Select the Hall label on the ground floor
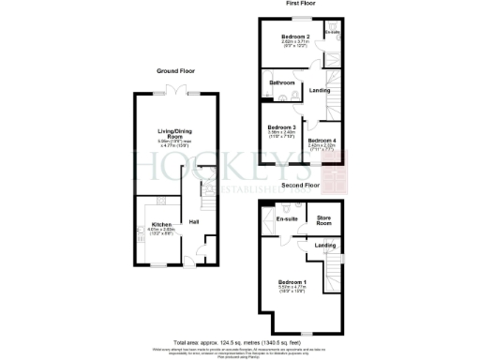pyautogui.click(x=194, y=221)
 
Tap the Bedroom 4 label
pyautogui.click(x=322, y=140)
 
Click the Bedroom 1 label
pyautogui.click(x=292, y=281)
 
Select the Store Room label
pyautogui.click(x=324, y=221)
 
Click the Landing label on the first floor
pyautogui.click(x=319, y=91)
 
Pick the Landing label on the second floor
pyautogui.click(x=325, y=246)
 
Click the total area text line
pyautogui.click(x=239, y=341)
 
